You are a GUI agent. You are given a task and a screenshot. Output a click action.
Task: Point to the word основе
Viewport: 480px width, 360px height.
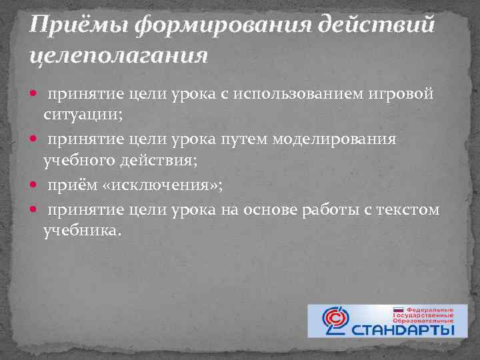(x=273, y=209)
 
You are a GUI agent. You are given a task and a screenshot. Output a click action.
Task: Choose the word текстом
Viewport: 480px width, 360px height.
(x=410, y=209)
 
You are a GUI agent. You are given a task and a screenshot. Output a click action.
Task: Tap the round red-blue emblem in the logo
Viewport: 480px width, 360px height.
(x=334, y=321)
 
